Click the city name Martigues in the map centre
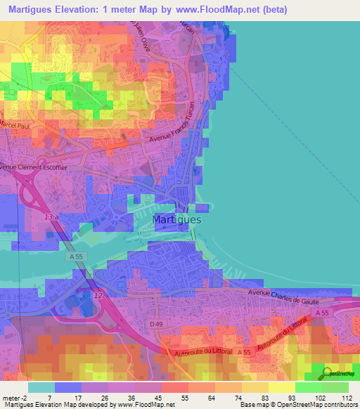click(177, 220)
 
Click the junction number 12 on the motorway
click(98, 296)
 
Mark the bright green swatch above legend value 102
click(308, 387)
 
